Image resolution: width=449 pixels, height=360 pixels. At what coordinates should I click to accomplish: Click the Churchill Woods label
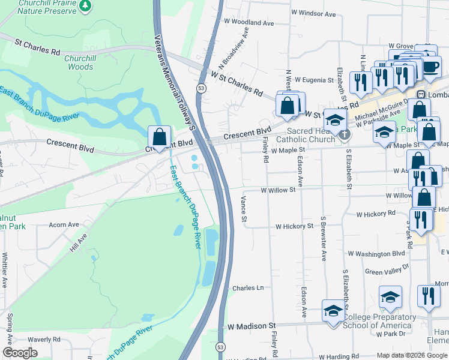click(x=80, y=62)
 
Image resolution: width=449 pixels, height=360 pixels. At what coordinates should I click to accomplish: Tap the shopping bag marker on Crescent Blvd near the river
click(x=159, y=137)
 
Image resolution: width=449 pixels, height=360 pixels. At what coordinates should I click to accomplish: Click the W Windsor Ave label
click(x=313, y=12)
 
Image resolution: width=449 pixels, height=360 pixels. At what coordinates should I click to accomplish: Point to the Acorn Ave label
click(x=64, y=225)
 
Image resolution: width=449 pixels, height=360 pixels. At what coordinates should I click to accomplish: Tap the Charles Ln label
click(x=248, y=288)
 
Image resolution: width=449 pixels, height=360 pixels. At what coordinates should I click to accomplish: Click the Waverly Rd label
click(x=44, y=339)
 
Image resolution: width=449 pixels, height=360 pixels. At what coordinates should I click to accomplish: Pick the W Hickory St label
click(x=294, y=227)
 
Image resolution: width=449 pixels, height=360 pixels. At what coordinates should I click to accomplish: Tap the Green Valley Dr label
click(x=387, y=269)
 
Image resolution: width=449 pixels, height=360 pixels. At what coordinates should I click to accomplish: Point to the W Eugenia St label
click(x=310, y=80)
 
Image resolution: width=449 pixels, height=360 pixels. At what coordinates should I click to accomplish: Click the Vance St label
click(x=244, y=210)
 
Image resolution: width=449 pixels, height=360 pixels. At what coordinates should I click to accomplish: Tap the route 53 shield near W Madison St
click(x=221, y=347)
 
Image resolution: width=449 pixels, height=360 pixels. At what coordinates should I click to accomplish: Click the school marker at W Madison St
click(x=333, y=311)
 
